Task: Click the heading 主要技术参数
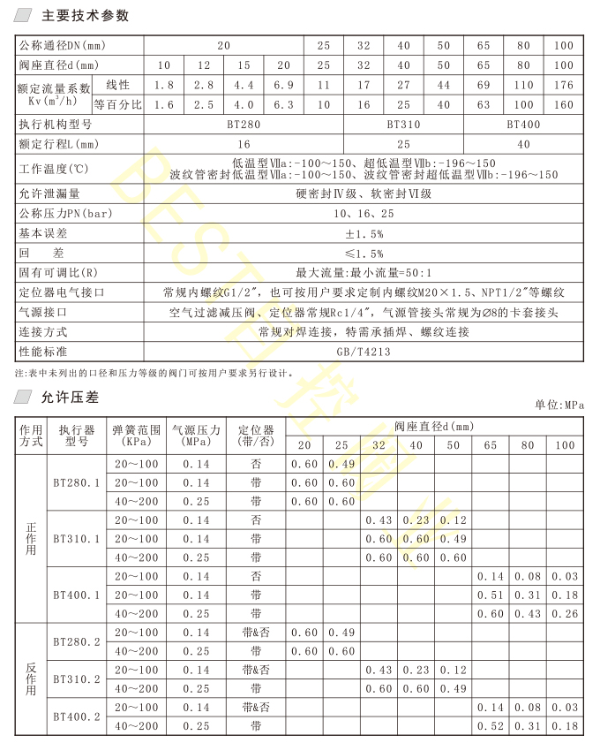(86, 15)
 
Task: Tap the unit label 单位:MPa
(560, 405)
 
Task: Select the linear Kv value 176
(564, 85)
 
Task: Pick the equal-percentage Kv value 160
(564, 104)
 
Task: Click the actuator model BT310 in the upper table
(403, 125)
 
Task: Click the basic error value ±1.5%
(363, 233)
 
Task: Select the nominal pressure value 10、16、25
(363, 214)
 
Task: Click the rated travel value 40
(523, 143)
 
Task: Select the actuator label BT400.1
(76, 595)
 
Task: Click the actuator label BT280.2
(76, 641)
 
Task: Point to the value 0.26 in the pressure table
(564, 614)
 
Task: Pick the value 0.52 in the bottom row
(490, 726)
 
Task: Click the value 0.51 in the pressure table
(490, 595)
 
